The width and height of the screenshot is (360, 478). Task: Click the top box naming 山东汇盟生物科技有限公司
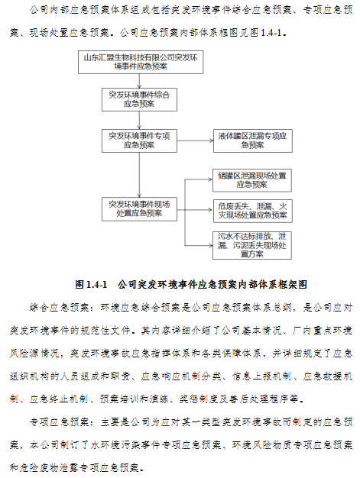pyautogui.click(x=141, y=62)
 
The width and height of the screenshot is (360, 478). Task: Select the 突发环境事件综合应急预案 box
pyautogui.click(x=139, y=100)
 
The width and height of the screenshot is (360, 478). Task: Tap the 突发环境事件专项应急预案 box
pyautogui.click(x=139, y=140)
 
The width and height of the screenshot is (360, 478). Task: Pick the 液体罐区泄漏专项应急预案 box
pyautogui.click(x=252, y=140)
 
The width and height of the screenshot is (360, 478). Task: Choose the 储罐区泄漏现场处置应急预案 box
pyautogui.click(x=252, y=180)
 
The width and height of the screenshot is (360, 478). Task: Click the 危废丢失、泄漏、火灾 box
pyautogui.click(x=252, y=211)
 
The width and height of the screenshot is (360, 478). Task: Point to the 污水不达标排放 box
pyautogui.click(x=252, y=245)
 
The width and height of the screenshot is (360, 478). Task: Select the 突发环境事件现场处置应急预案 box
pyautogui.click(x=139, y=209)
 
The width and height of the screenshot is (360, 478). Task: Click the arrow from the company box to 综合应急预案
pyautogui.click(x=139, y=81)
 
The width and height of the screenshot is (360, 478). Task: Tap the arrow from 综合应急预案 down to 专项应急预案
pyautogui.click(x=139, y=121)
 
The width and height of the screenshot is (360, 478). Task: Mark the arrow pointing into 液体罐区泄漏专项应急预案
pyautogui.click(x=195, y=140)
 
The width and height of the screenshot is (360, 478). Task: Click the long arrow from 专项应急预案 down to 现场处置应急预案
pyautogui.click(x=139, y=175)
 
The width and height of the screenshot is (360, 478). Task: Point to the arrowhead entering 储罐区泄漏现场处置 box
pyautogui.click(x=210, y=179)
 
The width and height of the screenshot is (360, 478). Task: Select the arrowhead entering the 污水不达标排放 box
pyautogui.click(x=210, y=245)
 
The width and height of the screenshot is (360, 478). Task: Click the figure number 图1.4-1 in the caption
pyautogui.click(x=91, y=284)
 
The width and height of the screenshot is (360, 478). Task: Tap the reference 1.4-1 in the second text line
pyautogui.click(x=271, y=33)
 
